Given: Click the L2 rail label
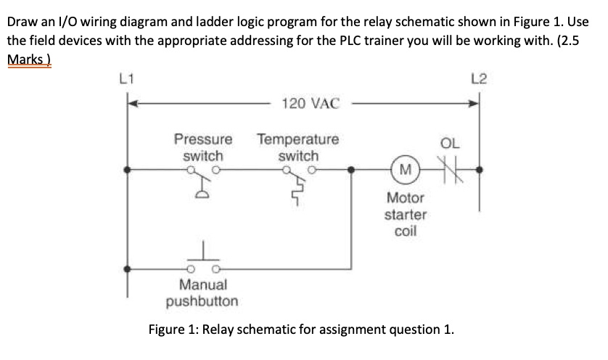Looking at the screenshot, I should (478, 78).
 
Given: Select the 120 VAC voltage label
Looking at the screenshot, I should (310, 104).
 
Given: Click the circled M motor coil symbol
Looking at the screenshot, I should (406, 171).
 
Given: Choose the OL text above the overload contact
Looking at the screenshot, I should (450, 143).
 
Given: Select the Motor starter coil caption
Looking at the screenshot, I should (406, 215).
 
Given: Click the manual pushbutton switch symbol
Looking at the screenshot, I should (205, 261).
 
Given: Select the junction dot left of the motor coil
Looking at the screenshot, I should (353, 171).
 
